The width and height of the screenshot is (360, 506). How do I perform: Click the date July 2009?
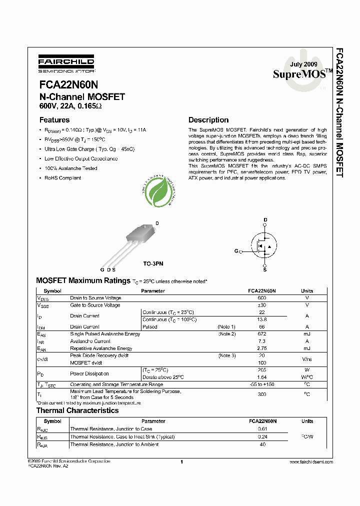pyautogui.click(x=303, y=64)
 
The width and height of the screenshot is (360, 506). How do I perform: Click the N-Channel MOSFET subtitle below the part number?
pyautogui.click(x=82, y=97)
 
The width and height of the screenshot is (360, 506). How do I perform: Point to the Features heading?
pyautogui.click(x=54, y=120)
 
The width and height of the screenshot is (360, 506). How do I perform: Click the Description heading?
pyautogui.click(x=208, y=120)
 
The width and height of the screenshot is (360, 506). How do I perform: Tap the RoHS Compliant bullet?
pyautogui.click(x=62, y=178)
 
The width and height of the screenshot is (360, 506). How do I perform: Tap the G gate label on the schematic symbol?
pyautogui.click(x=236, y=250)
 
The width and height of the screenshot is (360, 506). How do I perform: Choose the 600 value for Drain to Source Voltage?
pyautogui.click(x=261, y=298)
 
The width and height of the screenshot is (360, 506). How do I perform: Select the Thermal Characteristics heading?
pyautogui.click(x=77, y=410)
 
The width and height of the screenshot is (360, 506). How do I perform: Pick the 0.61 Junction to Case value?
pyautogui.click(x=261, y=429)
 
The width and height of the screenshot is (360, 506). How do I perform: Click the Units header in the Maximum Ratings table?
pyautogui.click(x=307, y=290)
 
